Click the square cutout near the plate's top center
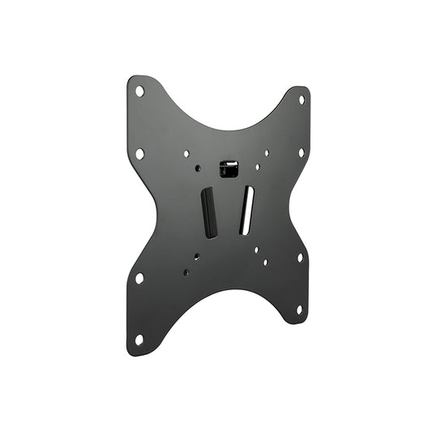coord(229,169)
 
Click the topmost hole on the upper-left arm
coord(140,91)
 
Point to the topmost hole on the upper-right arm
coord(301,100)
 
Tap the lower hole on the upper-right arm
coord(301,152)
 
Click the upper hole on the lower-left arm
coord(139,278)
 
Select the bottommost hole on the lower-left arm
coord(139,339)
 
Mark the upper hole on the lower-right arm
coord(300,258)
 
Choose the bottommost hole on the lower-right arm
coord(299,309)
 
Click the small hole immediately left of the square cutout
coord(198,169)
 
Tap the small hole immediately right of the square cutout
coord(257,167)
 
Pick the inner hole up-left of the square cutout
coord(186,153)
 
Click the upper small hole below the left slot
coord(196,257)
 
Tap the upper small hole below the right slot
coord(255,250)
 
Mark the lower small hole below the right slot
coord(265,262)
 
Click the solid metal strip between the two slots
coord(228,212)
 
